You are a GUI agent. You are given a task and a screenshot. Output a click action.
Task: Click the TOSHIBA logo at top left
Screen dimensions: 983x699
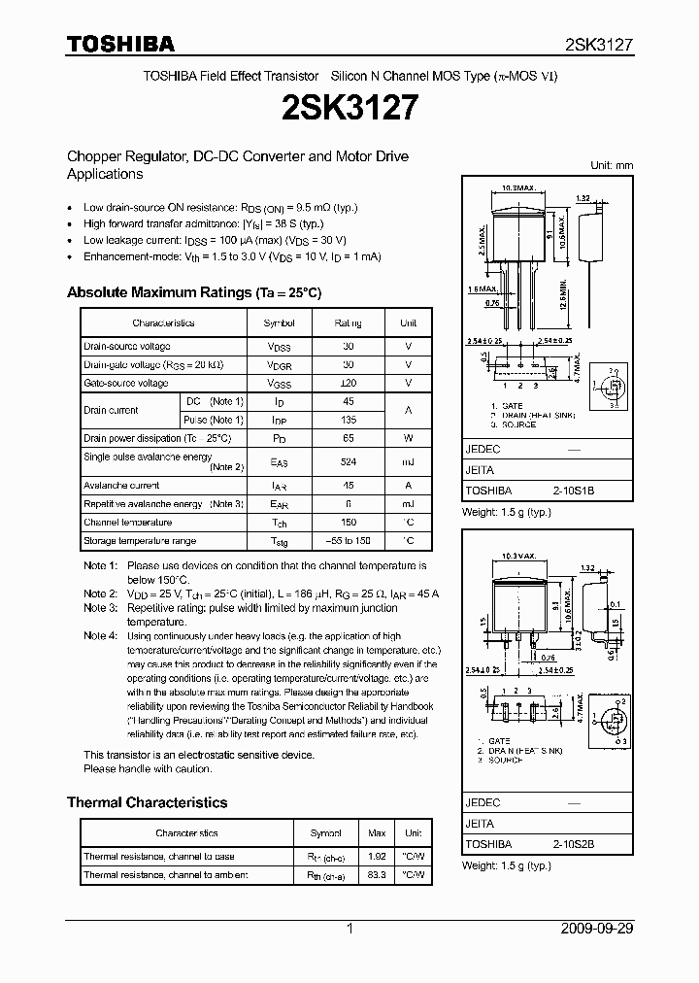[x=120, y=44]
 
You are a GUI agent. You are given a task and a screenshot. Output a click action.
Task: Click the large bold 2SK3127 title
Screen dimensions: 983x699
[x=349, y=107]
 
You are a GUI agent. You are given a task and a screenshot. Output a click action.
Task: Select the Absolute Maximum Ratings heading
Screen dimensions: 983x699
[x=193, y=292]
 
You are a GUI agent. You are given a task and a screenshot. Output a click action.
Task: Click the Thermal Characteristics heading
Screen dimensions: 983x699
[x=147, y=802]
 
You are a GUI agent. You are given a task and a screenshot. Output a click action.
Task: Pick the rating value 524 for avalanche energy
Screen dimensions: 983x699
[x=349, y=462]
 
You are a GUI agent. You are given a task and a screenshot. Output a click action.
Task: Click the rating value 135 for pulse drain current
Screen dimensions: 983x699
[x=349, y=420]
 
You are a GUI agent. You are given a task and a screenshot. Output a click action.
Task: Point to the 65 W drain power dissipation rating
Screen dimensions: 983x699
[x=349, y=438]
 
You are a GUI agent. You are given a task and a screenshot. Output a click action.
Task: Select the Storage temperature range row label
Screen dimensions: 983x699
[x=140, y=541]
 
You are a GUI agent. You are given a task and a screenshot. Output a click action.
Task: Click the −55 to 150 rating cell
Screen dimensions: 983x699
[x=349, y=541]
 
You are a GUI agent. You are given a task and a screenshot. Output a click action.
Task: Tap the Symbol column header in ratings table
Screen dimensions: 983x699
[x=280, y=322]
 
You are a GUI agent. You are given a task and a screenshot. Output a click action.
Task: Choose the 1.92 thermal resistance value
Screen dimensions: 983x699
[x=378, y=857]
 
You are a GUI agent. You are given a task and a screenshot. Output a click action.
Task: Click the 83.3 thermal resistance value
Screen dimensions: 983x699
[x=378, y=875]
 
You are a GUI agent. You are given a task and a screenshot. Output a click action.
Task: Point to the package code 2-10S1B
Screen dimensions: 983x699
[x=574, y=491]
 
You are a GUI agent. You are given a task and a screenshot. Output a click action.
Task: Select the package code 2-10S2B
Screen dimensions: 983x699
[x=574, y=845]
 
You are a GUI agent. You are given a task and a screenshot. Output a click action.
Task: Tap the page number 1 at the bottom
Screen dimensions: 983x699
[x=349, y=929]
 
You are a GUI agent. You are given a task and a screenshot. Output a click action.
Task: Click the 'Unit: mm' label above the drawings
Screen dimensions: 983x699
[x=612, y=166]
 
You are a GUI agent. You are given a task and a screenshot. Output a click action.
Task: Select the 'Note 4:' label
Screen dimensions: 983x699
[x=101, y=635]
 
